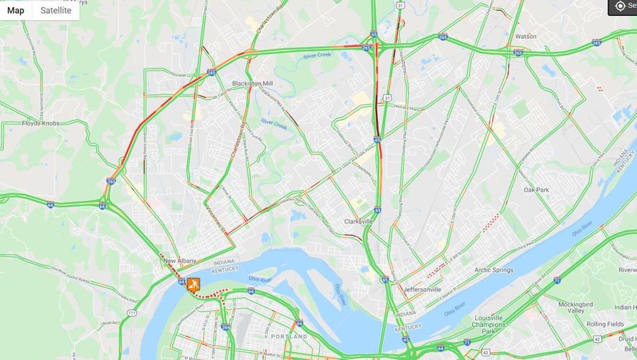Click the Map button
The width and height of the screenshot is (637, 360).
16,10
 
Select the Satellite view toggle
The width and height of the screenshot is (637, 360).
55,10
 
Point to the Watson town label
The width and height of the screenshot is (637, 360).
525,36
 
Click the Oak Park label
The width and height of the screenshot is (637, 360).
536,190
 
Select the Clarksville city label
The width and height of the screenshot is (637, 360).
358,221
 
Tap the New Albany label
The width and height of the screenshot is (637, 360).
180,261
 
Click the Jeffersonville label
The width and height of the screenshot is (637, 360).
423,289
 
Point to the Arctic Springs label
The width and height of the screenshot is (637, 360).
494,270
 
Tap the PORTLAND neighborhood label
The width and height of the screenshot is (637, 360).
289,336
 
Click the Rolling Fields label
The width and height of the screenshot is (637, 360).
605,324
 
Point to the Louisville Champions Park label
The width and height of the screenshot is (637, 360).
488,325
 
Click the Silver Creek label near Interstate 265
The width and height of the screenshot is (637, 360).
317,55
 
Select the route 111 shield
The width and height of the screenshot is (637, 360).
131,313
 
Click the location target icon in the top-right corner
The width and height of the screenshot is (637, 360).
620,6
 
